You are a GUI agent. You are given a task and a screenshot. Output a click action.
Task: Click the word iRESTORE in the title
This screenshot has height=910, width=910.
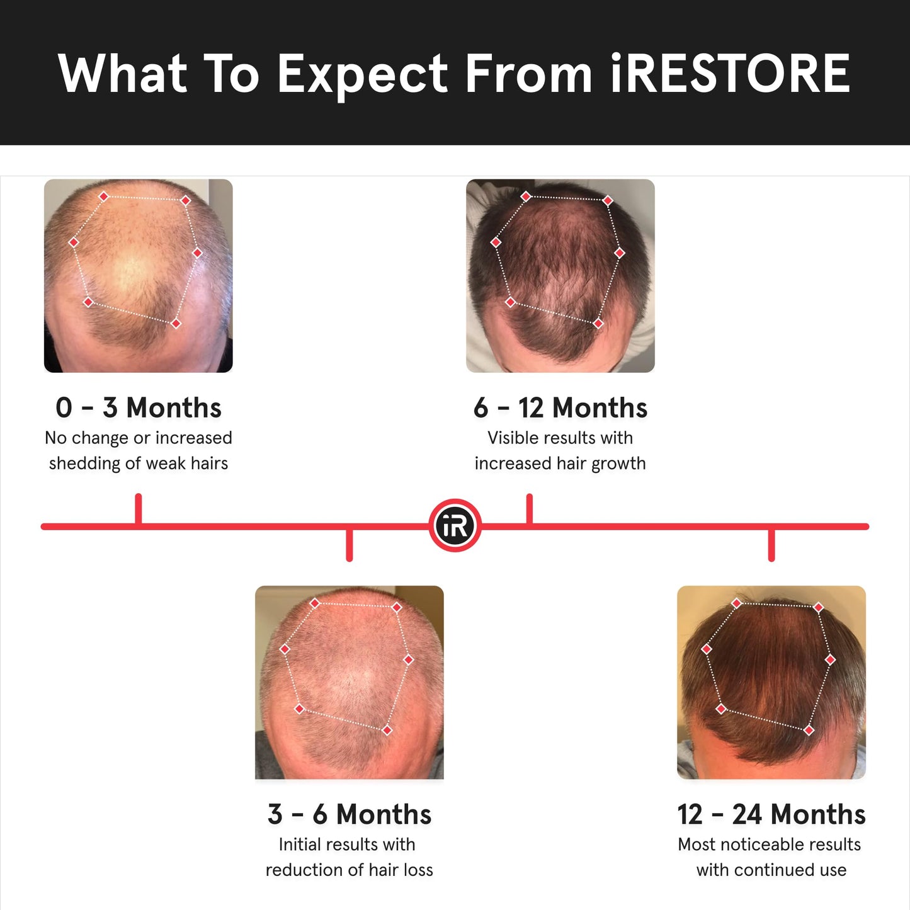click(731, 74)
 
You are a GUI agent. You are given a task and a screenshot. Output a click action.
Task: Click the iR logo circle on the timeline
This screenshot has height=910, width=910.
click(455, 526)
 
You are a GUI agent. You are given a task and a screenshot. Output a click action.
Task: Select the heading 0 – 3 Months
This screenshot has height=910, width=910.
click(139, 407)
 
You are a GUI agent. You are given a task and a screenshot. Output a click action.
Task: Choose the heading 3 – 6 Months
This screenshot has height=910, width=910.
click(350, 814)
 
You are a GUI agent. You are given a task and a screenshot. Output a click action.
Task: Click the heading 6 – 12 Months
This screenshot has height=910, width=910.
click(560, 407)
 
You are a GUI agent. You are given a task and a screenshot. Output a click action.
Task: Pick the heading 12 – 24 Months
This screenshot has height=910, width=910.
click(771, 814)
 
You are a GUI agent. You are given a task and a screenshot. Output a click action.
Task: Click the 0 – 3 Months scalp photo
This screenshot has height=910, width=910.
click(139, 276)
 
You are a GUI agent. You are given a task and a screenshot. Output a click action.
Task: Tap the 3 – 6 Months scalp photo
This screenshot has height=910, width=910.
click(350, 682)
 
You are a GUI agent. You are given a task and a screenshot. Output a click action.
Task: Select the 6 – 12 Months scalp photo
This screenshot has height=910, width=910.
click(560, 276)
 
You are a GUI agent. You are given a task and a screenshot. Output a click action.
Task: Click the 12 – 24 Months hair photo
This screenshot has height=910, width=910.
click(771, 682)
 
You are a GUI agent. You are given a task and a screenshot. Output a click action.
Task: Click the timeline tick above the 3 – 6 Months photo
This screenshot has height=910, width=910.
click(350, 544)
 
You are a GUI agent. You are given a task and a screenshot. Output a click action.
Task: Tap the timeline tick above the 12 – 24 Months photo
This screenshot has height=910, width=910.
click(771, 544)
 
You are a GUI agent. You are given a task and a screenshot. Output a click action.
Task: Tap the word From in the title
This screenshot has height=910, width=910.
click(529, 74)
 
